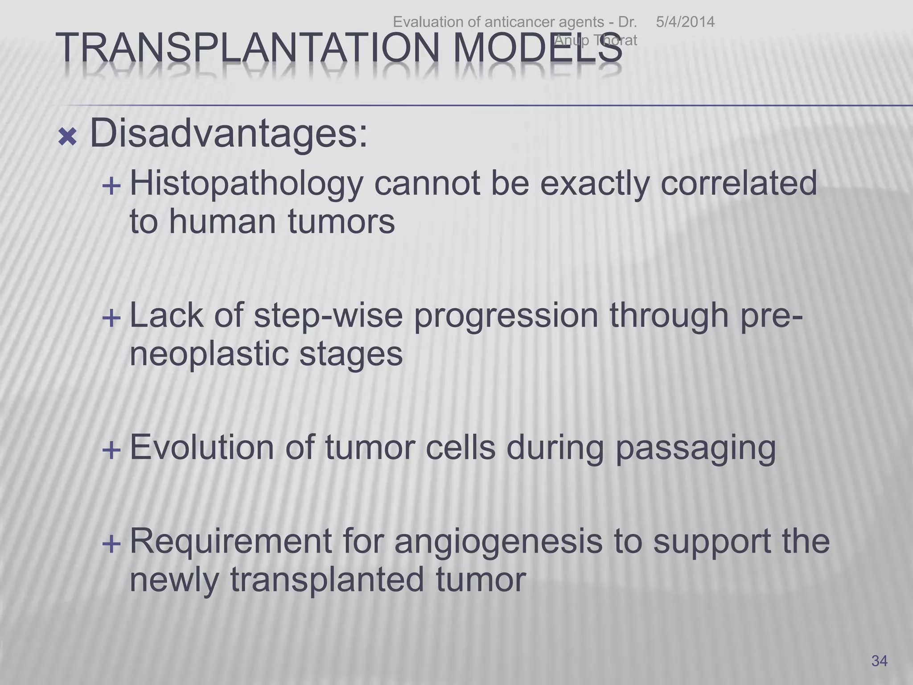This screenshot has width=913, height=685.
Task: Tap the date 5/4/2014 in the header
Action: (x=685, y=22)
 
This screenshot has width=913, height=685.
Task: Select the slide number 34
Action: (x=879, y=660)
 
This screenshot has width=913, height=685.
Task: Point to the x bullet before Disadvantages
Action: (x=67, y=138)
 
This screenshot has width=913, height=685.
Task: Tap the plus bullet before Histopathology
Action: (x=111, y=186)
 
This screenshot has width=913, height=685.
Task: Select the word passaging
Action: (x=695, y=449)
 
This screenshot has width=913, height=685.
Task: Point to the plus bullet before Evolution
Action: (x=111, y=450)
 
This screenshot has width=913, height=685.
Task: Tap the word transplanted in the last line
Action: (x=327, y=580)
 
